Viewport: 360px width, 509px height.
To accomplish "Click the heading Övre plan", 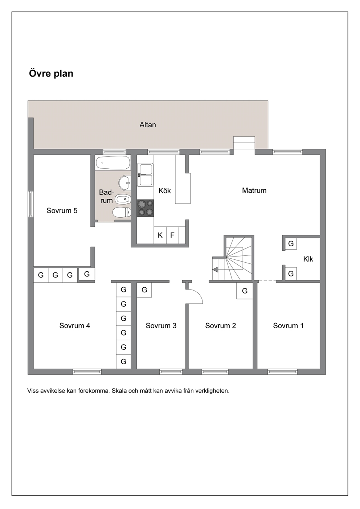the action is (x=51, y=74).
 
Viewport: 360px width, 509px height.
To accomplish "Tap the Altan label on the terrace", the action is (x=148, y=125).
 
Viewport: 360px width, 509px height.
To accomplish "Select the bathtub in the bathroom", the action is (x=113, y=163).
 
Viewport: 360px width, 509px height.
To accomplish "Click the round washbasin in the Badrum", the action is (x=124, y=183).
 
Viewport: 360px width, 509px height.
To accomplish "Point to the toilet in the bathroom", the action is (x=122, y=213).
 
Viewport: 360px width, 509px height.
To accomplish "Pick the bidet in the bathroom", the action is (x=123, y=200).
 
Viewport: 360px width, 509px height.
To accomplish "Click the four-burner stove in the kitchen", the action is (x=145, y=208).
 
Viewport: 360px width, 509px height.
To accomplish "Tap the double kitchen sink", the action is (x=145, y=175).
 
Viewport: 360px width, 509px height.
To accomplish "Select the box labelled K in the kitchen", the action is (x=160, y=235).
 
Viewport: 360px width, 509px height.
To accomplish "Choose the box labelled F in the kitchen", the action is (x=172, y=235).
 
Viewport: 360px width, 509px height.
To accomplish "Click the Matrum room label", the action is (x=254, y=190).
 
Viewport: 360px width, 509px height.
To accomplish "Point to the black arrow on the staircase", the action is (x=215, y=270).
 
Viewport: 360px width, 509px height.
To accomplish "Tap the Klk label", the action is (x=308, y=259).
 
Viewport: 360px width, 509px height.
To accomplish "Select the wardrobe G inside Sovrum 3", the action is (x=144, y=290).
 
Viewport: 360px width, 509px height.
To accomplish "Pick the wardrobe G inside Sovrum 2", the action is (x=245, y=291).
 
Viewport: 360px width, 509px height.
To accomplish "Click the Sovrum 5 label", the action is (x=62, y=211).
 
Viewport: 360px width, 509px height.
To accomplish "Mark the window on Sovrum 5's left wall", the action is (x=31, y=204).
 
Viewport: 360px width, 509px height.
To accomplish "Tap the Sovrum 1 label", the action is (x=288, y=326).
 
